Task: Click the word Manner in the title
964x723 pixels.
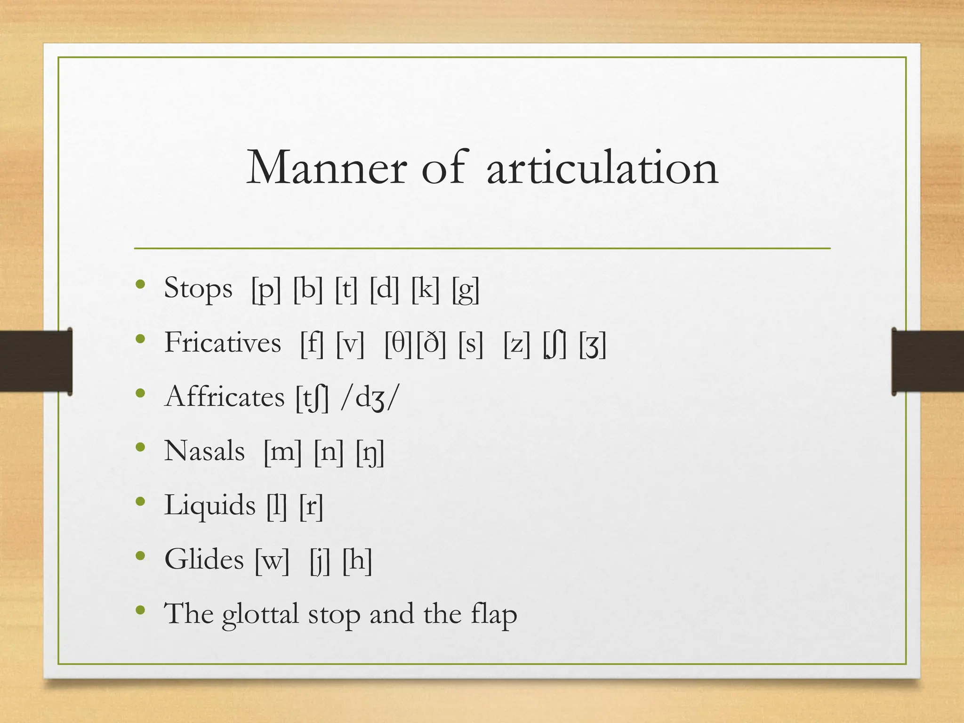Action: [326, 168]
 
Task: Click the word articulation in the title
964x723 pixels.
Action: [602, 168]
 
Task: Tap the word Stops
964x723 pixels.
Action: [198, 289]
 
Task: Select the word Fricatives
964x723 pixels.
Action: [223, 342]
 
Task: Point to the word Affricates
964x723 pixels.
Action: [225, 397]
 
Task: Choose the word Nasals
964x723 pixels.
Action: [204, 451]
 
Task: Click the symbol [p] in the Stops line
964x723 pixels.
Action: [266, 289]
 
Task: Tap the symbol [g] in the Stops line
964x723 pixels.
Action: [466, 289]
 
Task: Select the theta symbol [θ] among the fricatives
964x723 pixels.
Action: [399, 343]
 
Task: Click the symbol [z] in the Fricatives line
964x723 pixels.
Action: [516, 344]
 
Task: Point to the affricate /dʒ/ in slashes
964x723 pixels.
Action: [370, 398]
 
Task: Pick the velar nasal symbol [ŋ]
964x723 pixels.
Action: [370, 452]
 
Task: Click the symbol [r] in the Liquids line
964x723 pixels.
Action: [311, 506]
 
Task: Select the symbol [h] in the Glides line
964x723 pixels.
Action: [357, 560]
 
